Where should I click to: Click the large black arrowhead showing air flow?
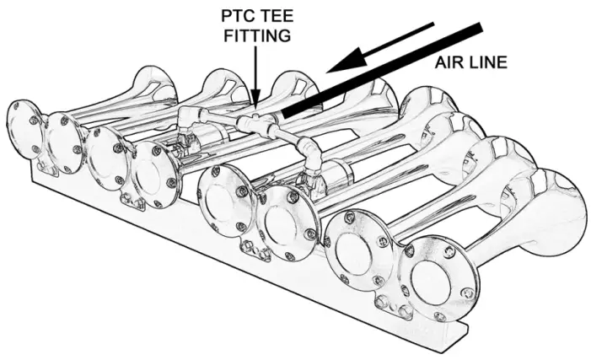tap(346, 63)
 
